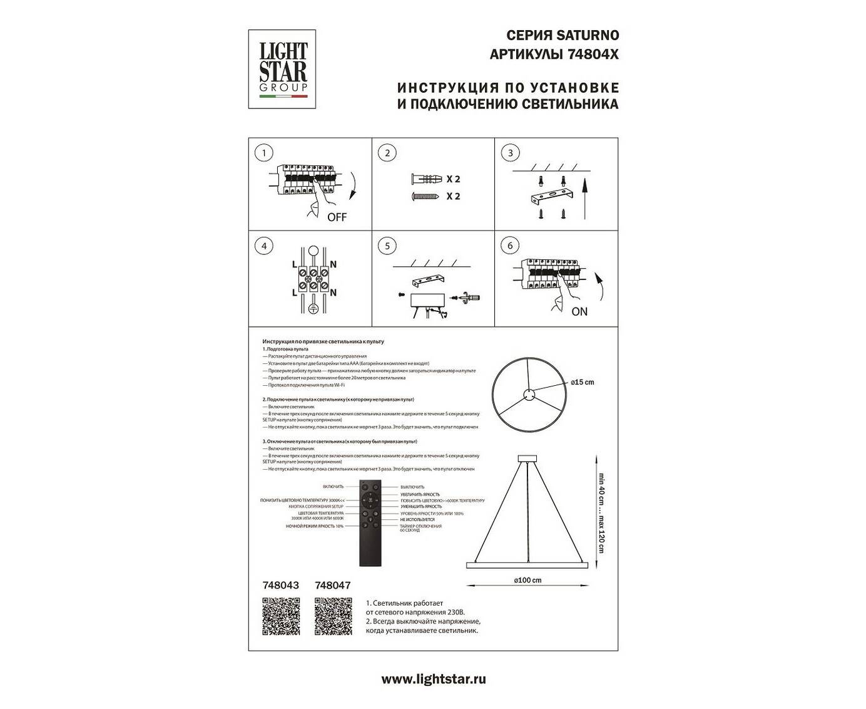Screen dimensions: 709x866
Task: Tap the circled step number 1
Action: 264,153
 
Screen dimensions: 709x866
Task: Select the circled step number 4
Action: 264,246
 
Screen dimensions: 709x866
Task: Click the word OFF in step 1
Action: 337,218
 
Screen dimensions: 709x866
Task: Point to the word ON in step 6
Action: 579,311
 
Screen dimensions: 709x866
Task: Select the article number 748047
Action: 333,585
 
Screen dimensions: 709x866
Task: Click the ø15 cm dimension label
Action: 582,382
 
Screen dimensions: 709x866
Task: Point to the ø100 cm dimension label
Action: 527,581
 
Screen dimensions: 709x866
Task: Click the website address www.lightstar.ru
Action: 433,679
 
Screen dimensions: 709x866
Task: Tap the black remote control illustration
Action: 370,524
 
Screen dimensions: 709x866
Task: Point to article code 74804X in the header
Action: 593,54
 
